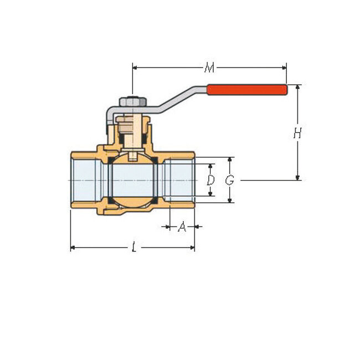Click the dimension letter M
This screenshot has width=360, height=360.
[x=209, y=68]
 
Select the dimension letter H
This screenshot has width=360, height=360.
[x=297, y=133]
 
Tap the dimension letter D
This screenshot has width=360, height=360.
[x=210, y=180]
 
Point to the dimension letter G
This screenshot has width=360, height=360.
[x=230, y=180]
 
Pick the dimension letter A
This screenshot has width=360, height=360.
[x=182, y=227]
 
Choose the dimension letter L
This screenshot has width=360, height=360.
[x=133, y=248]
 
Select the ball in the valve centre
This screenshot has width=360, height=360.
[x=133, y=180]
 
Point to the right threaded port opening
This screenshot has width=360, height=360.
[x=181, y=180]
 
